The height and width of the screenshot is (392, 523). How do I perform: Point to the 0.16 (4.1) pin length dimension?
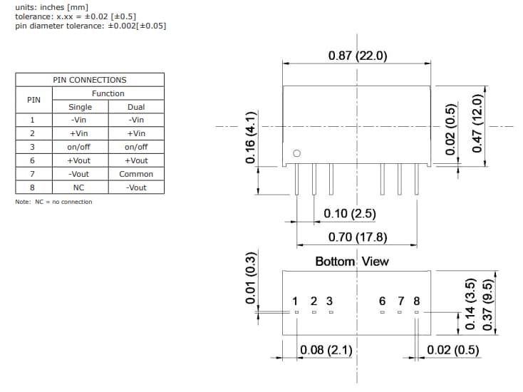[250, 138]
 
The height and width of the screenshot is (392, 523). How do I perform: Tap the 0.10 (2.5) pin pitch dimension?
[349, 214]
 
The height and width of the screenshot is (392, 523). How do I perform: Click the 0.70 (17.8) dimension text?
[358, 237]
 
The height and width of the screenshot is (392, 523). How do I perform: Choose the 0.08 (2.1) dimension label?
[326, 350]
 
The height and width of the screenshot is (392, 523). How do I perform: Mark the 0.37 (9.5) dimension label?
[488, 304]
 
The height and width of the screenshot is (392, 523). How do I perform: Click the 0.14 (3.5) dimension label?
[470, 305]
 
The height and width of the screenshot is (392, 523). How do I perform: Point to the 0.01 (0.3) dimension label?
[250, 279]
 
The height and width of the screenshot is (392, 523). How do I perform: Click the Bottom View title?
[352, 262]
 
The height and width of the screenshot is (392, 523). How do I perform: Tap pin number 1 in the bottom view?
[296, 301]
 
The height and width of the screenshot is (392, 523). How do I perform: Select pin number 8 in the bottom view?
[417, 301]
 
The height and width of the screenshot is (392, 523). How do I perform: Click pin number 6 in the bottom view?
[383, 301]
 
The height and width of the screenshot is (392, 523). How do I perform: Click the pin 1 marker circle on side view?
[297, 154]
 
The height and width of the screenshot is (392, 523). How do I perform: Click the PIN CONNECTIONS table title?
[90, 80]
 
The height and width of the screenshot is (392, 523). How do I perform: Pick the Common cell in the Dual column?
[136, 174]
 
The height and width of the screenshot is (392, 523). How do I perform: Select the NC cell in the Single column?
[79, 187]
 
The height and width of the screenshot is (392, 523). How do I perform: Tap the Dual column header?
[136, 107]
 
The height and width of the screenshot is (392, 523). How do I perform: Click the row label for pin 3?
[32, 147]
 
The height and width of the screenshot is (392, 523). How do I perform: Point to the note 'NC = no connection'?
[53, 202]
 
